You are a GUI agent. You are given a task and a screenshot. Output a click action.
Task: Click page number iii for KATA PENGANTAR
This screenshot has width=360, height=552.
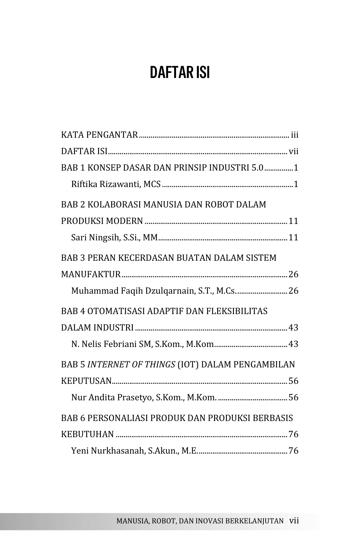pyautogui.click(x=295, y=135)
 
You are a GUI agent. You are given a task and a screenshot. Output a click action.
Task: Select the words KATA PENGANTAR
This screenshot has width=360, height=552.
pyautogui.click(x=100, y=135)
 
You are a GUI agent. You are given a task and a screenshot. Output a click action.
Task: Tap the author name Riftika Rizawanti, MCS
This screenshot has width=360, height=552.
pyautogui.click(x=116, y=184)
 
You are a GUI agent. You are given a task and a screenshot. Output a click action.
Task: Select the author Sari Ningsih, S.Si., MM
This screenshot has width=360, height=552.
pyautogui.click(x=114, y=237)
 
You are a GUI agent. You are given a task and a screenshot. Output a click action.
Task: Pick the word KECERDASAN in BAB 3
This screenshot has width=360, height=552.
pyautogui.click(x=142, y=258)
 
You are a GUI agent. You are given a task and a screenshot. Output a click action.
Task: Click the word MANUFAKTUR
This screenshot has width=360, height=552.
pyautogui.click(x=91, y=274)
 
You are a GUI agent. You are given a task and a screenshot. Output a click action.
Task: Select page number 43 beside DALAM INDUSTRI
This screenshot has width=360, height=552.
pyautogui.click(x=293, y=328)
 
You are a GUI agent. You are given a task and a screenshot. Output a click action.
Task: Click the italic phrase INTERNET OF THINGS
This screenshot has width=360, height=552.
pyautogui.click(x=131, y=365)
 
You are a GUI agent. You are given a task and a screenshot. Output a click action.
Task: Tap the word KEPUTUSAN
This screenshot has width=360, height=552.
pyautogui.click(x=86, y=381)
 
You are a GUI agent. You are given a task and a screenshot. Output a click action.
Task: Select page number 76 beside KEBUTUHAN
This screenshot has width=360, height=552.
pyautogui.click(x=293, y=434)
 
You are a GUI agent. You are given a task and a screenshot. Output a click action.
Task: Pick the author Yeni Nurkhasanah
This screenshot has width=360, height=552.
pyautogui.click(x=108, y=451)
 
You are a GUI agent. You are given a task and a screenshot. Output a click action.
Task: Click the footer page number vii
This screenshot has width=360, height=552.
pyautogui.click(x=294, y=521)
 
